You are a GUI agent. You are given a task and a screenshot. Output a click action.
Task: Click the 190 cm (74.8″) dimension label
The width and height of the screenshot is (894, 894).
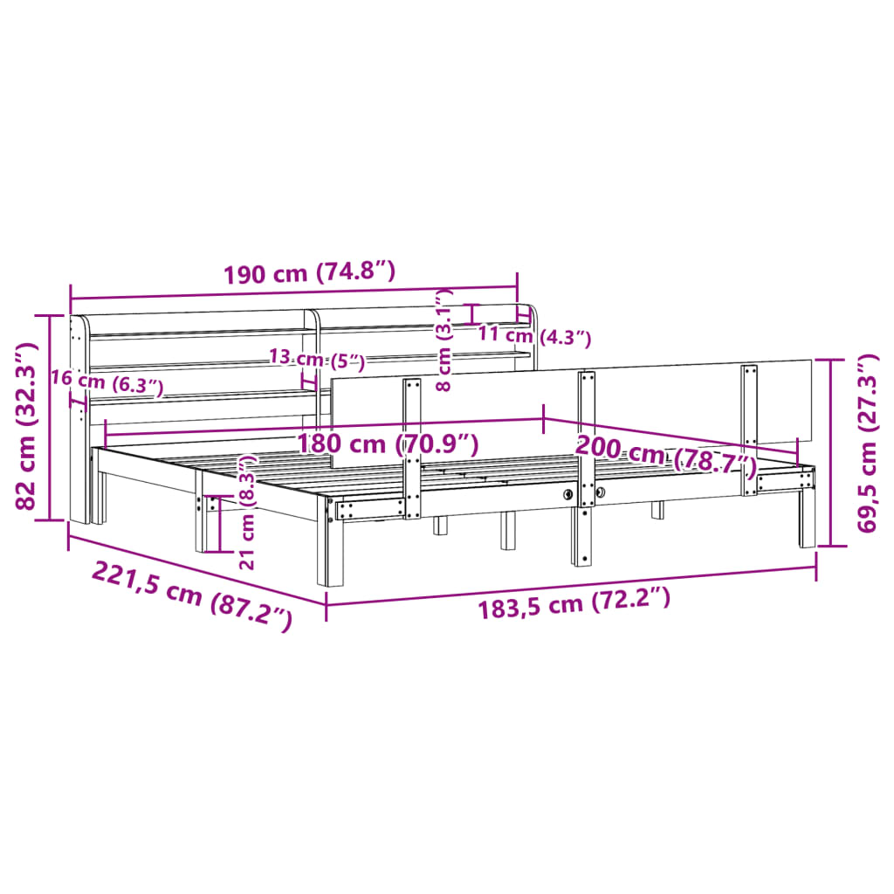pyautogui.click(x=309, y=273)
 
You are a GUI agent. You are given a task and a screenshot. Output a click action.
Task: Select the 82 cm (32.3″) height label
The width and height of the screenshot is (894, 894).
pyautogui.click(x=26, y=426)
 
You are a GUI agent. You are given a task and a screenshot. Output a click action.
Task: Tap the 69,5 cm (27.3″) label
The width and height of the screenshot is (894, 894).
pyautogui.click(x=868, y=443)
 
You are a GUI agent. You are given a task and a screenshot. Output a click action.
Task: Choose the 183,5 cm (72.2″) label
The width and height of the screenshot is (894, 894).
pyautogui.click(x=574, y=603)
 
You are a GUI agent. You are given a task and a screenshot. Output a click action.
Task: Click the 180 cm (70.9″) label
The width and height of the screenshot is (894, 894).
pyautogui.click(x=388, y=444)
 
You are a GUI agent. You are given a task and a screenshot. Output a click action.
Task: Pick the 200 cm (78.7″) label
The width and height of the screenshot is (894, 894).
pyautogui.click(x=666, y=454)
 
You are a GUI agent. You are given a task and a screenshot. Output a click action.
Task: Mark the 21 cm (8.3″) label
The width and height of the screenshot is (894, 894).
pyautogui.click(x=247, y=512)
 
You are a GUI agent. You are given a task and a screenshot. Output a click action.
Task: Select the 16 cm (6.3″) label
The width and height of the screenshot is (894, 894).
pyautogui.click(x=107, y=382)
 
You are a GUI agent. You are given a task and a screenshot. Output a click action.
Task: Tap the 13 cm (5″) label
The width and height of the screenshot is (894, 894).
pyautogui.click(x=317, y=359)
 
